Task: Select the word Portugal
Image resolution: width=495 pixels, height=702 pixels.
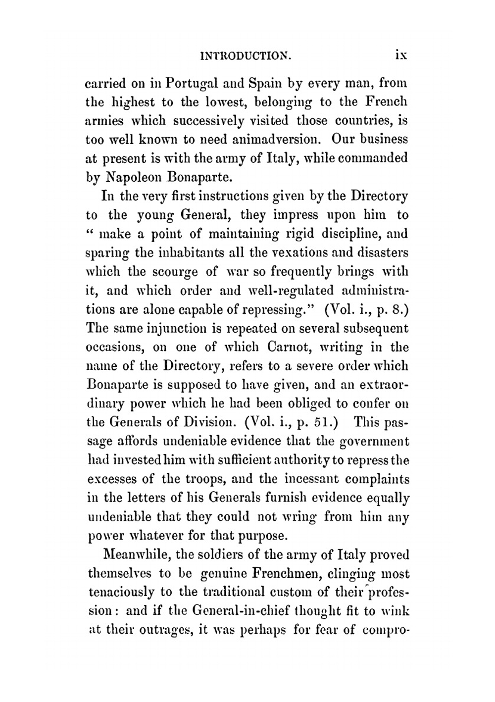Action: (194, 83)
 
